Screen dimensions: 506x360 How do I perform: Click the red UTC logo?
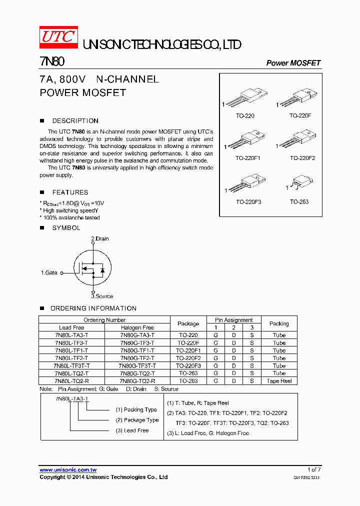pos(58,37)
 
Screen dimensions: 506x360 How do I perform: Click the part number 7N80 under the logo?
pos(51,61)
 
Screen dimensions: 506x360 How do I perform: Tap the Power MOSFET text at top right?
pos(293,63)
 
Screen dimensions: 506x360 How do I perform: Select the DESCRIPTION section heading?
pos(75,121)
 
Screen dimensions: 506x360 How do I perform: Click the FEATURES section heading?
pos(70,192)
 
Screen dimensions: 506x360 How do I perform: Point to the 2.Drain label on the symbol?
pos(100,239)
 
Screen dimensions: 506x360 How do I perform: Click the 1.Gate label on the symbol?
pos(49,273)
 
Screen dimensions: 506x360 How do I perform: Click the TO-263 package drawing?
pos(300,184)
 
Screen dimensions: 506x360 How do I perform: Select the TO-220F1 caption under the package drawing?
pos(248,158)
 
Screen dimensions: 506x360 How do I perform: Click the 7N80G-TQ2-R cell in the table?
pos(137,381)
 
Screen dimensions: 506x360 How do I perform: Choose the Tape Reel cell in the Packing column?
pos(279,381)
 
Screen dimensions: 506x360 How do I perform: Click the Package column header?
pos(188,323)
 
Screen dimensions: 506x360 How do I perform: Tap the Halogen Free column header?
pos(137,327)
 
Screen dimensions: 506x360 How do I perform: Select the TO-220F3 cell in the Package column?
pos(188,365)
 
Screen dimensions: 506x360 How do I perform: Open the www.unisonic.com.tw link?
pos(68,470)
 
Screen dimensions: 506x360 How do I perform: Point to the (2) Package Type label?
pos(137,420)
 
